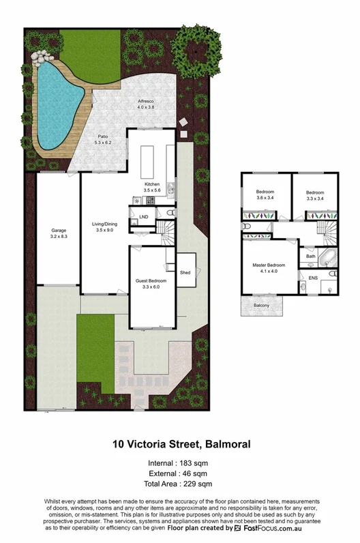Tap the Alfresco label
tap(147, 104)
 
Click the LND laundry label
tap(143, 218)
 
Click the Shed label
tap(185, 272)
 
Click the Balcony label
tap(261, 305)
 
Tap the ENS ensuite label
tap(313, 278)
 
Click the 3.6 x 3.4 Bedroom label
tap(265, 194)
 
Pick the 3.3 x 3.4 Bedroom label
tap(314, 194)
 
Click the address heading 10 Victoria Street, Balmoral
tap(181, 444)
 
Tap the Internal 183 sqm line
tap(180, 463)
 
